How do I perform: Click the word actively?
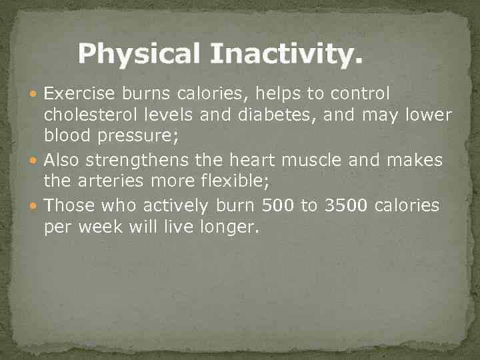(x=180, y=205)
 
